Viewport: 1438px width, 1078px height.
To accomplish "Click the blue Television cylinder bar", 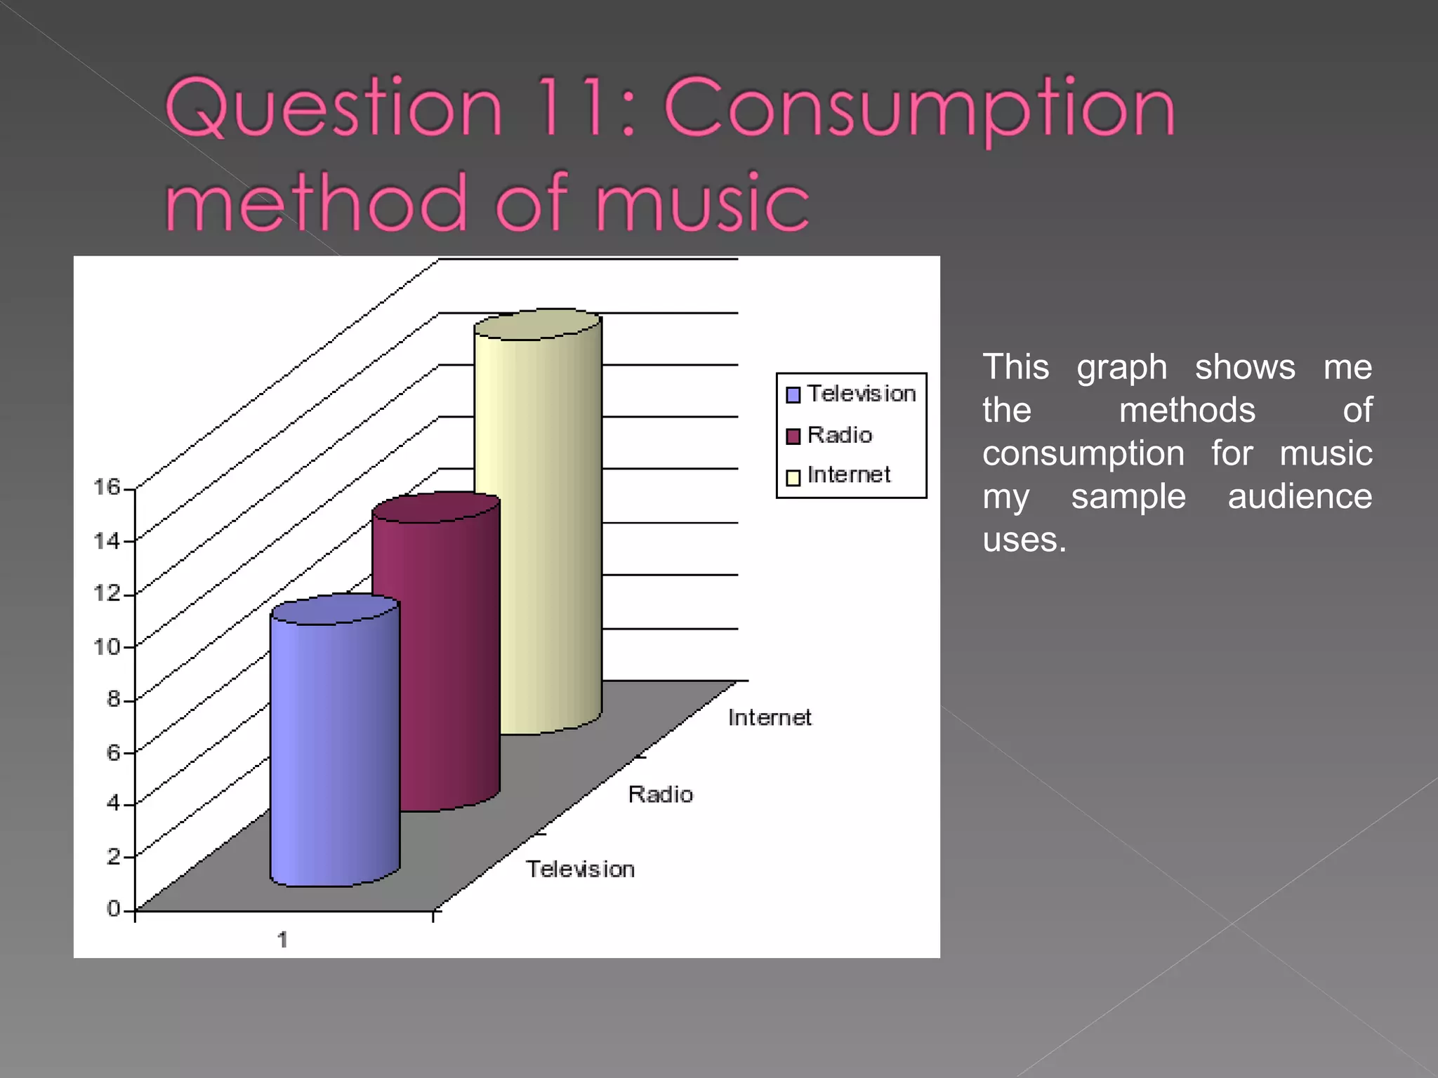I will click(x=335, y=744).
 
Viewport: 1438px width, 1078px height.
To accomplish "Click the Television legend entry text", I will click(x=862, y=394).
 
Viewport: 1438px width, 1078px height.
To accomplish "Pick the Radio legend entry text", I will click(x=840, y=435).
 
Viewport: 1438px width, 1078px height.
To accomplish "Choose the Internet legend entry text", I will click(x=849, y=475).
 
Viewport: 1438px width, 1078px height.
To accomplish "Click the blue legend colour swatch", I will click(x=793, y=395).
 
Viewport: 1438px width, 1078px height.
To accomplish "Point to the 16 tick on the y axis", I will click(x=107, y=486).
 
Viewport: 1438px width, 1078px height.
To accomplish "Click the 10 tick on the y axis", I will click(x=107, y=646).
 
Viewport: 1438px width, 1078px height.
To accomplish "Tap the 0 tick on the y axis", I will click(x=114, y=909).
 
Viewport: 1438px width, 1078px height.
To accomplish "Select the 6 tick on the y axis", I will click(x=114, y=752).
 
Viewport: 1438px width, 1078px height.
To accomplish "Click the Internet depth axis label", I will click(x=770, y=717).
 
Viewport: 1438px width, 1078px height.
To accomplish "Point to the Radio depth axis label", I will click(x=660, y=794).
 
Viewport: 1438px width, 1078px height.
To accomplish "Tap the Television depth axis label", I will click(x=581, y=869).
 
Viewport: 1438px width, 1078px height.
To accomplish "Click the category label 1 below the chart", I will click(x=282, y=940).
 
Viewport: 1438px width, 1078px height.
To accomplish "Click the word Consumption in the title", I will click(x=919, y=109).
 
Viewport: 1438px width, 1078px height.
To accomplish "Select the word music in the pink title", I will click(x=703, y=203).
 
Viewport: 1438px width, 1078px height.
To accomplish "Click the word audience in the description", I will click(x=1300, y=497).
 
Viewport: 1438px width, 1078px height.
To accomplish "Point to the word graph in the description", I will click(x=1121, y=368).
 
